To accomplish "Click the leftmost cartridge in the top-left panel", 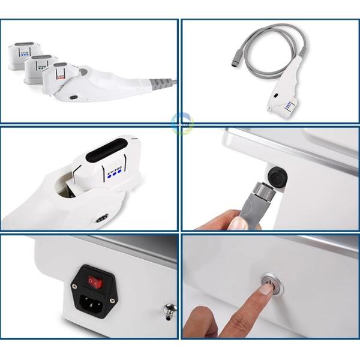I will (x=22, y=54).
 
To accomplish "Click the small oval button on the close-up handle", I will (x=101, y=217).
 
